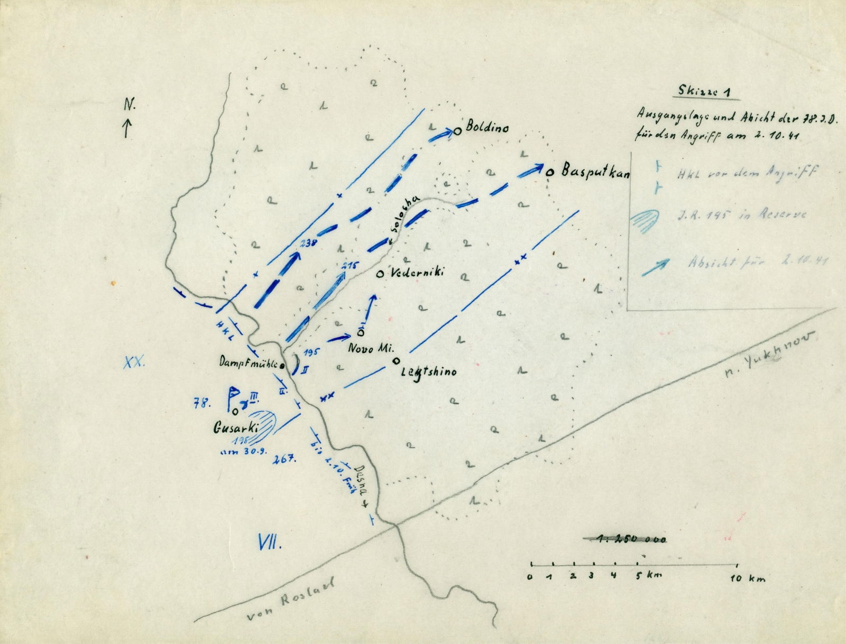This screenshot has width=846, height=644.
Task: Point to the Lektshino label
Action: point(428,371)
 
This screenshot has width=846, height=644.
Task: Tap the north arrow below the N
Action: point(127,128)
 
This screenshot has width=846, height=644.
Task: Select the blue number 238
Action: point(307,243)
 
